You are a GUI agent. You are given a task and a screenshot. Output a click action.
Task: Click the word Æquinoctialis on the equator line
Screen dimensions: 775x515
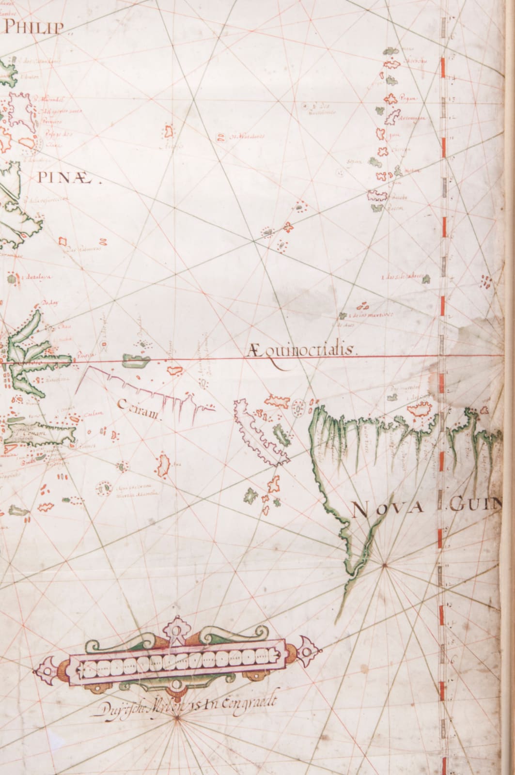pos(301,350)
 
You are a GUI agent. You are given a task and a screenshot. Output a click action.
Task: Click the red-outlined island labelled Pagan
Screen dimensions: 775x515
pos(390,99)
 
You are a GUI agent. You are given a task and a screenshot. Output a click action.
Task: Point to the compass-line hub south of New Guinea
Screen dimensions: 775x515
pos(384,564)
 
